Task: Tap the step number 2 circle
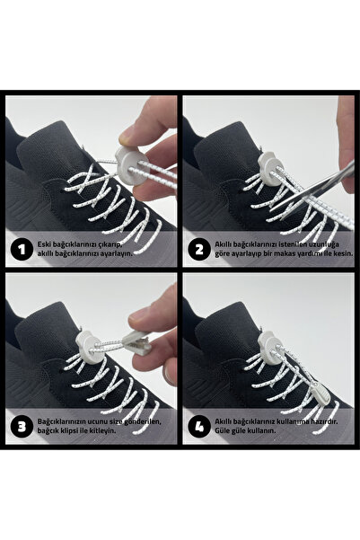(197, 248)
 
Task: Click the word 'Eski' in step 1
(44, 243)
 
